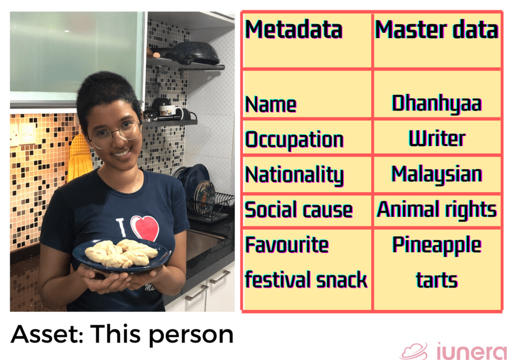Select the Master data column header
click(x=436, y=30)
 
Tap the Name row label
click(x=271, y=104)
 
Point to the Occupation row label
click(x=294, y=139)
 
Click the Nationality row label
click(x=294, y=175)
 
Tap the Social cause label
click(x=299, y=210)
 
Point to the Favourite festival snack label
click(x=306, y=262)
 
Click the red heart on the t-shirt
click(x=145, y=228)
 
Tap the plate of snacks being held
click(x=121, y=254)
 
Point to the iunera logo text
click(x=470, y=350)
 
